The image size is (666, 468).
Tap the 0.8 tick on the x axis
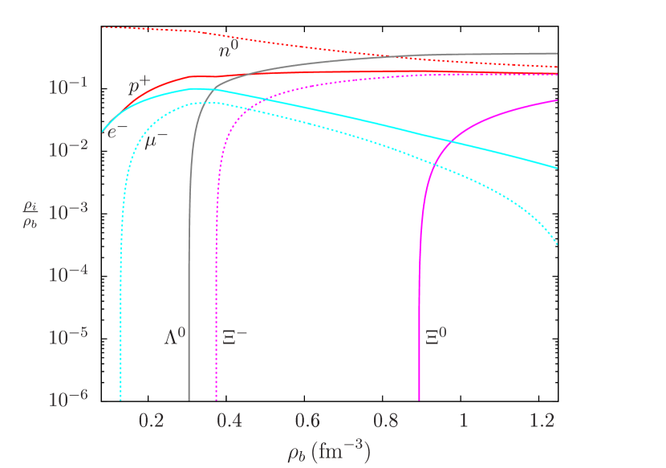(x=386, y=421)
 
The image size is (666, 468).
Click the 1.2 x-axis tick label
(x=542, y=421)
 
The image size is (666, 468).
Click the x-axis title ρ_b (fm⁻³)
(x=328, y=452)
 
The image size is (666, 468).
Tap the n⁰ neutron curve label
(x=229, y=50)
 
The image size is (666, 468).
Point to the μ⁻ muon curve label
(x=156, y=140)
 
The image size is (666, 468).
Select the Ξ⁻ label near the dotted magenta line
(x=234, y=336)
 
